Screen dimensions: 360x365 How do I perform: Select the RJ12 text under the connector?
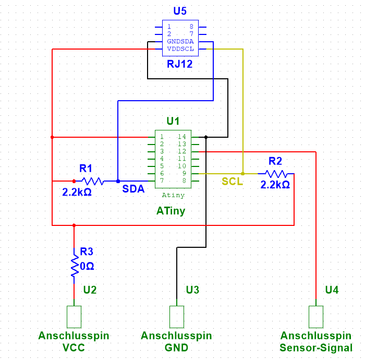tap(180, 65)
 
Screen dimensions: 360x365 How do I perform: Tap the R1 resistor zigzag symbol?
tap(93, 181)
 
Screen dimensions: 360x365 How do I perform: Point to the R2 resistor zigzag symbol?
tap(275, 173)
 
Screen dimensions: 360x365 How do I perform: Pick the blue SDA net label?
tap(133, 189)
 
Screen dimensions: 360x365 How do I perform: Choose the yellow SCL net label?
tap(232, 182)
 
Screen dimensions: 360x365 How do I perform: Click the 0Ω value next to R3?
tap(87, 266)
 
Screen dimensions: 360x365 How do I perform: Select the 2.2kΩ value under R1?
tap(77, 192)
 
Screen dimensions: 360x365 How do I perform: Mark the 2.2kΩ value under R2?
tap(275, 185)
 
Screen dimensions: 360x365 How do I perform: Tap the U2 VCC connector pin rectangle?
tap(74, 316)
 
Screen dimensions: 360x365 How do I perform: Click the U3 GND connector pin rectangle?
tap(177, 316)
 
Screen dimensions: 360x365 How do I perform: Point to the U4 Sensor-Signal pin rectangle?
tap(316, 316)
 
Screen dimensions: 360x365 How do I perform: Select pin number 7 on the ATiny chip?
tap(162, 181)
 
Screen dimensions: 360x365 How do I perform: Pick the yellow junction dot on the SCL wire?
tap(243, 173)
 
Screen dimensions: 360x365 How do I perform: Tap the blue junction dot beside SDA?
tap(118, 181)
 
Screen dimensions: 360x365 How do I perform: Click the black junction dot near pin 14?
tap(206, 137)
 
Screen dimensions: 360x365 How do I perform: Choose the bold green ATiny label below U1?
tap(171, 211)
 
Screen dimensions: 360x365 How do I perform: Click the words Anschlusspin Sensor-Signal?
tap(316, 342)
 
